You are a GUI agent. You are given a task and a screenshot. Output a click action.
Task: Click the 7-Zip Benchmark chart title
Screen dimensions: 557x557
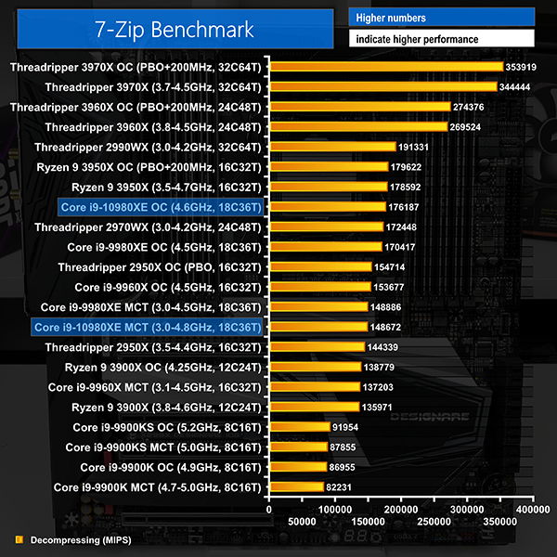coord(174,30)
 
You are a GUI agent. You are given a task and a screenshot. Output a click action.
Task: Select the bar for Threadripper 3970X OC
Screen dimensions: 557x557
coord(386,67)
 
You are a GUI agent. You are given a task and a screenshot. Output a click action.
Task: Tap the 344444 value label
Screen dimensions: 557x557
coord(519,86)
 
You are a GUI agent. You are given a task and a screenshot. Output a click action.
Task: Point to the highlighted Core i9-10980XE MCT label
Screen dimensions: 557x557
coord(148,328)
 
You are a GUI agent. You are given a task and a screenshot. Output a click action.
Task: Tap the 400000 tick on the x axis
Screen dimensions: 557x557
coord(533,510)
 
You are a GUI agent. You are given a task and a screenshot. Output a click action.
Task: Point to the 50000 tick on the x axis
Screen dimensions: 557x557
coord(303,523)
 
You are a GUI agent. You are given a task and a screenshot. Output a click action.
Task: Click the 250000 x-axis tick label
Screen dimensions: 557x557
coord(434,523)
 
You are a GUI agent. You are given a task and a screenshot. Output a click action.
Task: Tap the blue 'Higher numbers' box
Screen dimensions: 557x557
coord(441,18)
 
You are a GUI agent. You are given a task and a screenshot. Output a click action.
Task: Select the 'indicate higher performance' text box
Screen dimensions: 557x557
coord(441,39)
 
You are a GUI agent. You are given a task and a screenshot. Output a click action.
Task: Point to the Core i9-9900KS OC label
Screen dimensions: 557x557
coord(167,427)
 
